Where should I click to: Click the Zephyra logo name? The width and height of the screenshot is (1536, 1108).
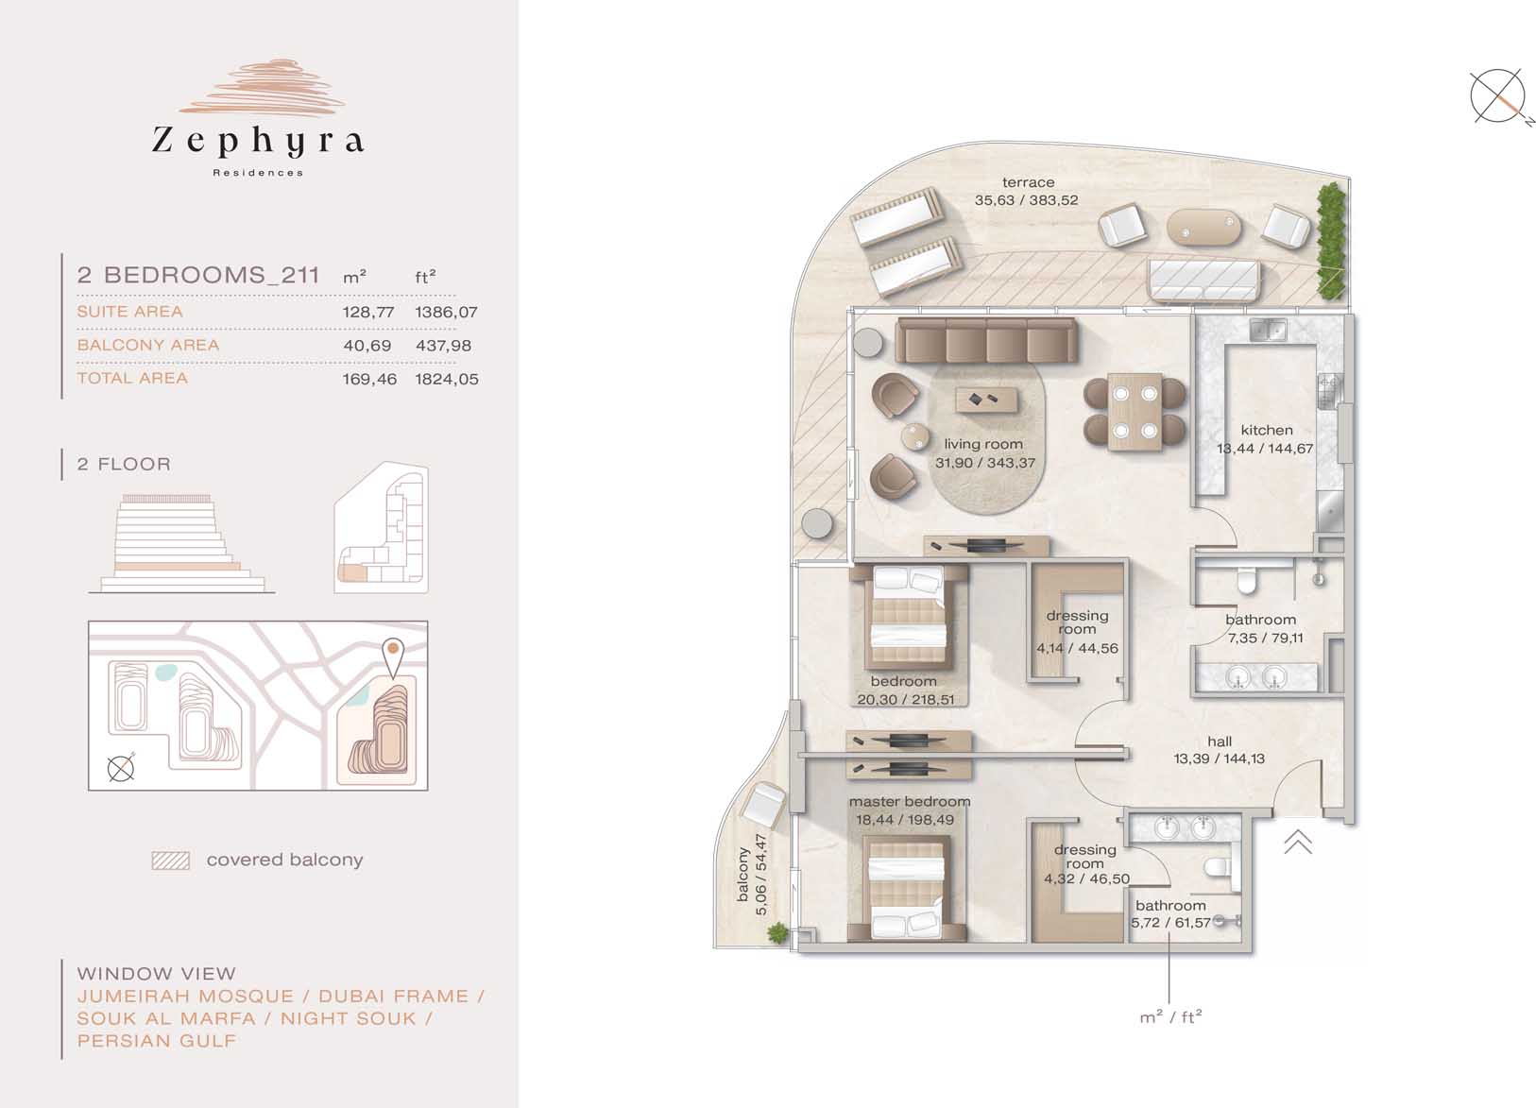tap(258, 140)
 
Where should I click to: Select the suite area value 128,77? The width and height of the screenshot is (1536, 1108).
tap(368, 313)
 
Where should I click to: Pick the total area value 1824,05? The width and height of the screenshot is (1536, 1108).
tap(447, 379)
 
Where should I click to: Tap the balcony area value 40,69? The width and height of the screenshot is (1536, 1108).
tap(367, 346)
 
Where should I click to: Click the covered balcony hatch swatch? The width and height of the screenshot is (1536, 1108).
tap(171, 861)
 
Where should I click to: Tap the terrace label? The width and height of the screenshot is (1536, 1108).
tap(1028, 182)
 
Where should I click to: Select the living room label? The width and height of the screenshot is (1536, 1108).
tap(983, 444)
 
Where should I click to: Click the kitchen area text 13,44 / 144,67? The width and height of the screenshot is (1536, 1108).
tap(1265, 449)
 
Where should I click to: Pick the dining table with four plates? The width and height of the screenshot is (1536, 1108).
tap(1135, 412)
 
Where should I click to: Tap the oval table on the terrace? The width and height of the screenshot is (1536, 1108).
tap(1203, 227)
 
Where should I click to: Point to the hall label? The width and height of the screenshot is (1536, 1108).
tap(1220, 742)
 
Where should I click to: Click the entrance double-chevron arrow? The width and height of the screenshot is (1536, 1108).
tap(1298, 842)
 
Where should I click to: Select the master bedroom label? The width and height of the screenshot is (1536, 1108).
tap(910, 802)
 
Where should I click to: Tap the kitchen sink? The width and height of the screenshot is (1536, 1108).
tap(1267, 332)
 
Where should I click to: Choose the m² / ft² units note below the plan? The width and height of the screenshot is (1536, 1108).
tap(1170, 1016)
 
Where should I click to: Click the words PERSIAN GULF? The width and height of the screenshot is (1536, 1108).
tap(157, 1041)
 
